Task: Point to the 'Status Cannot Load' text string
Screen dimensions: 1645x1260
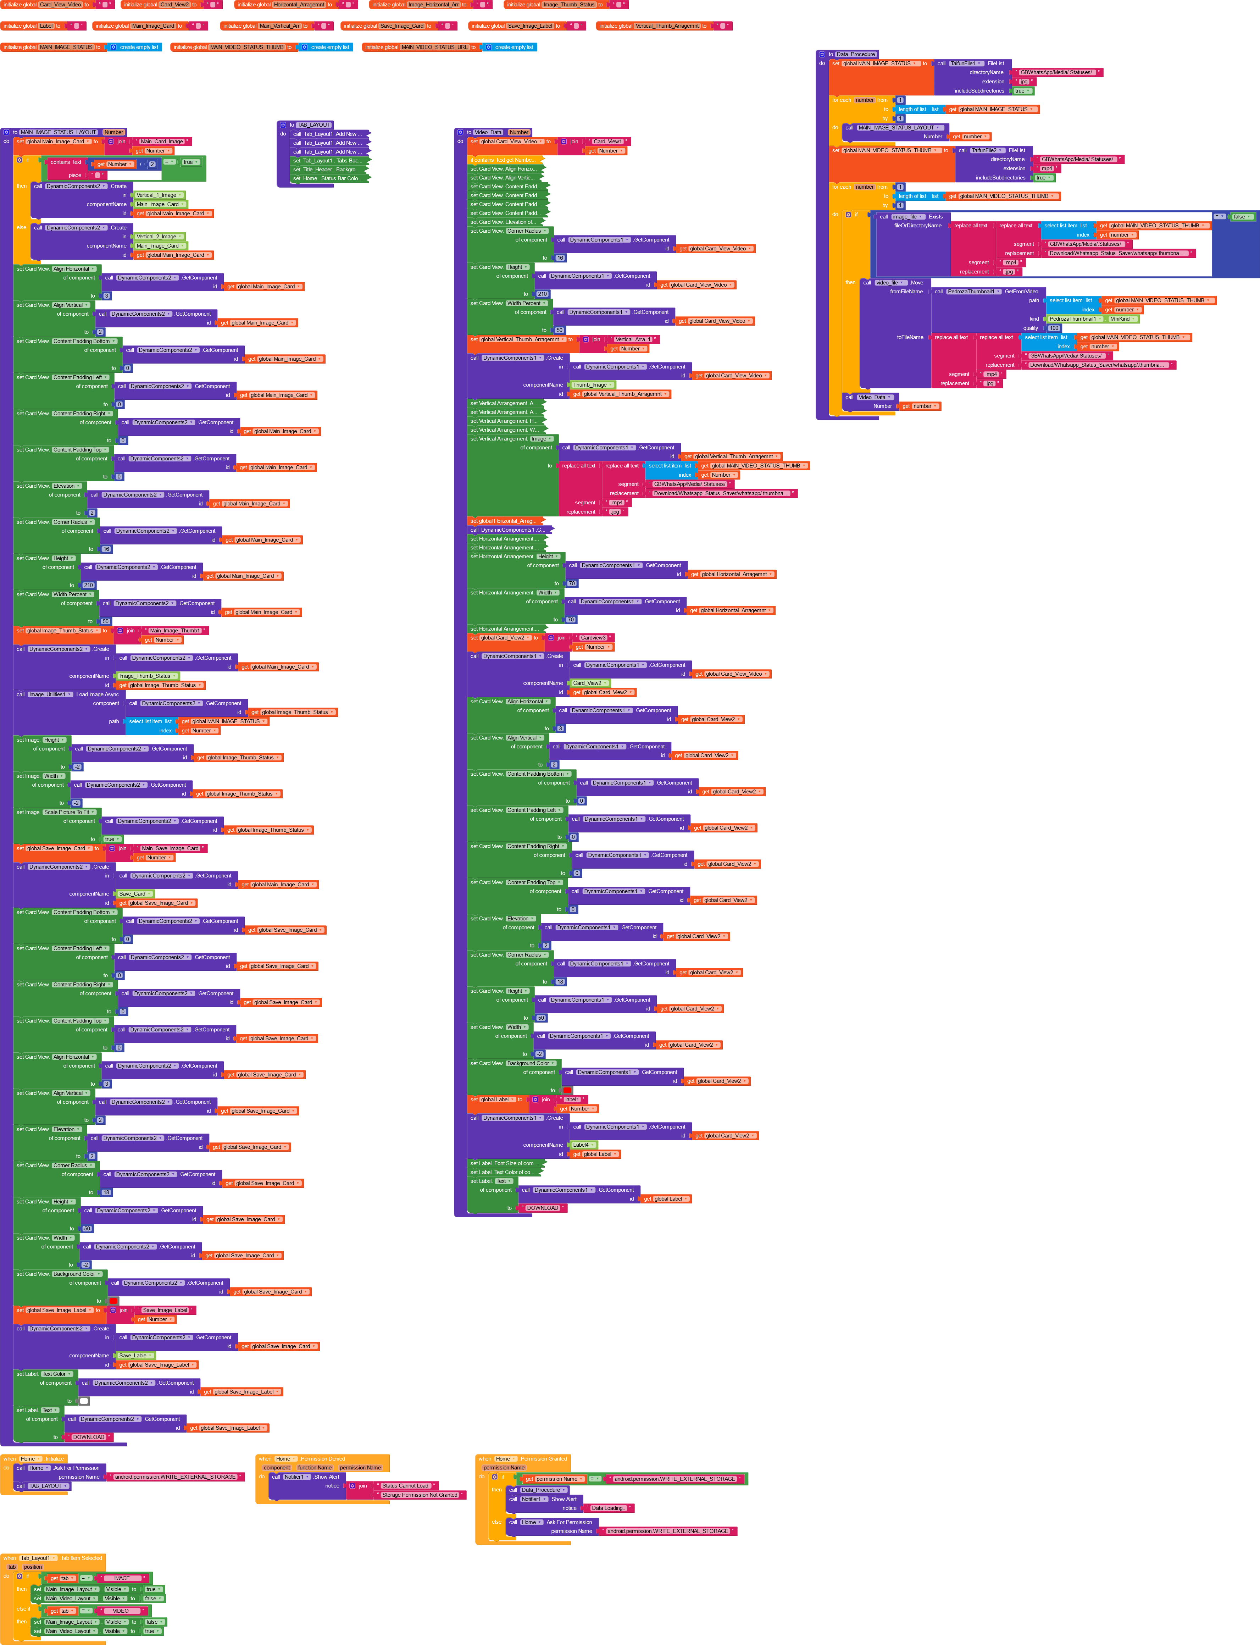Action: pyautogui.click(x=405, y=1485)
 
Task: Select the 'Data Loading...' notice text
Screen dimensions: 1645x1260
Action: pyautogui.click(x=607, y=1508)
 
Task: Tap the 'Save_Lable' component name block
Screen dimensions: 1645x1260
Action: pyautogui.click(x=133, y=1356)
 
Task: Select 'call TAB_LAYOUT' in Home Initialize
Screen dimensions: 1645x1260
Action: pyautogui.click(x=44, y=1486)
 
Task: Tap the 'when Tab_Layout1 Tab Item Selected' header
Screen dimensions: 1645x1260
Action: pyautogui.click(x=52, y=1558)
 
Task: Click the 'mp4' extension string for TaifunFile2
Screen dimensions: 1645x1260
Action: pyautogui.click(x=1046, y=169)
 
